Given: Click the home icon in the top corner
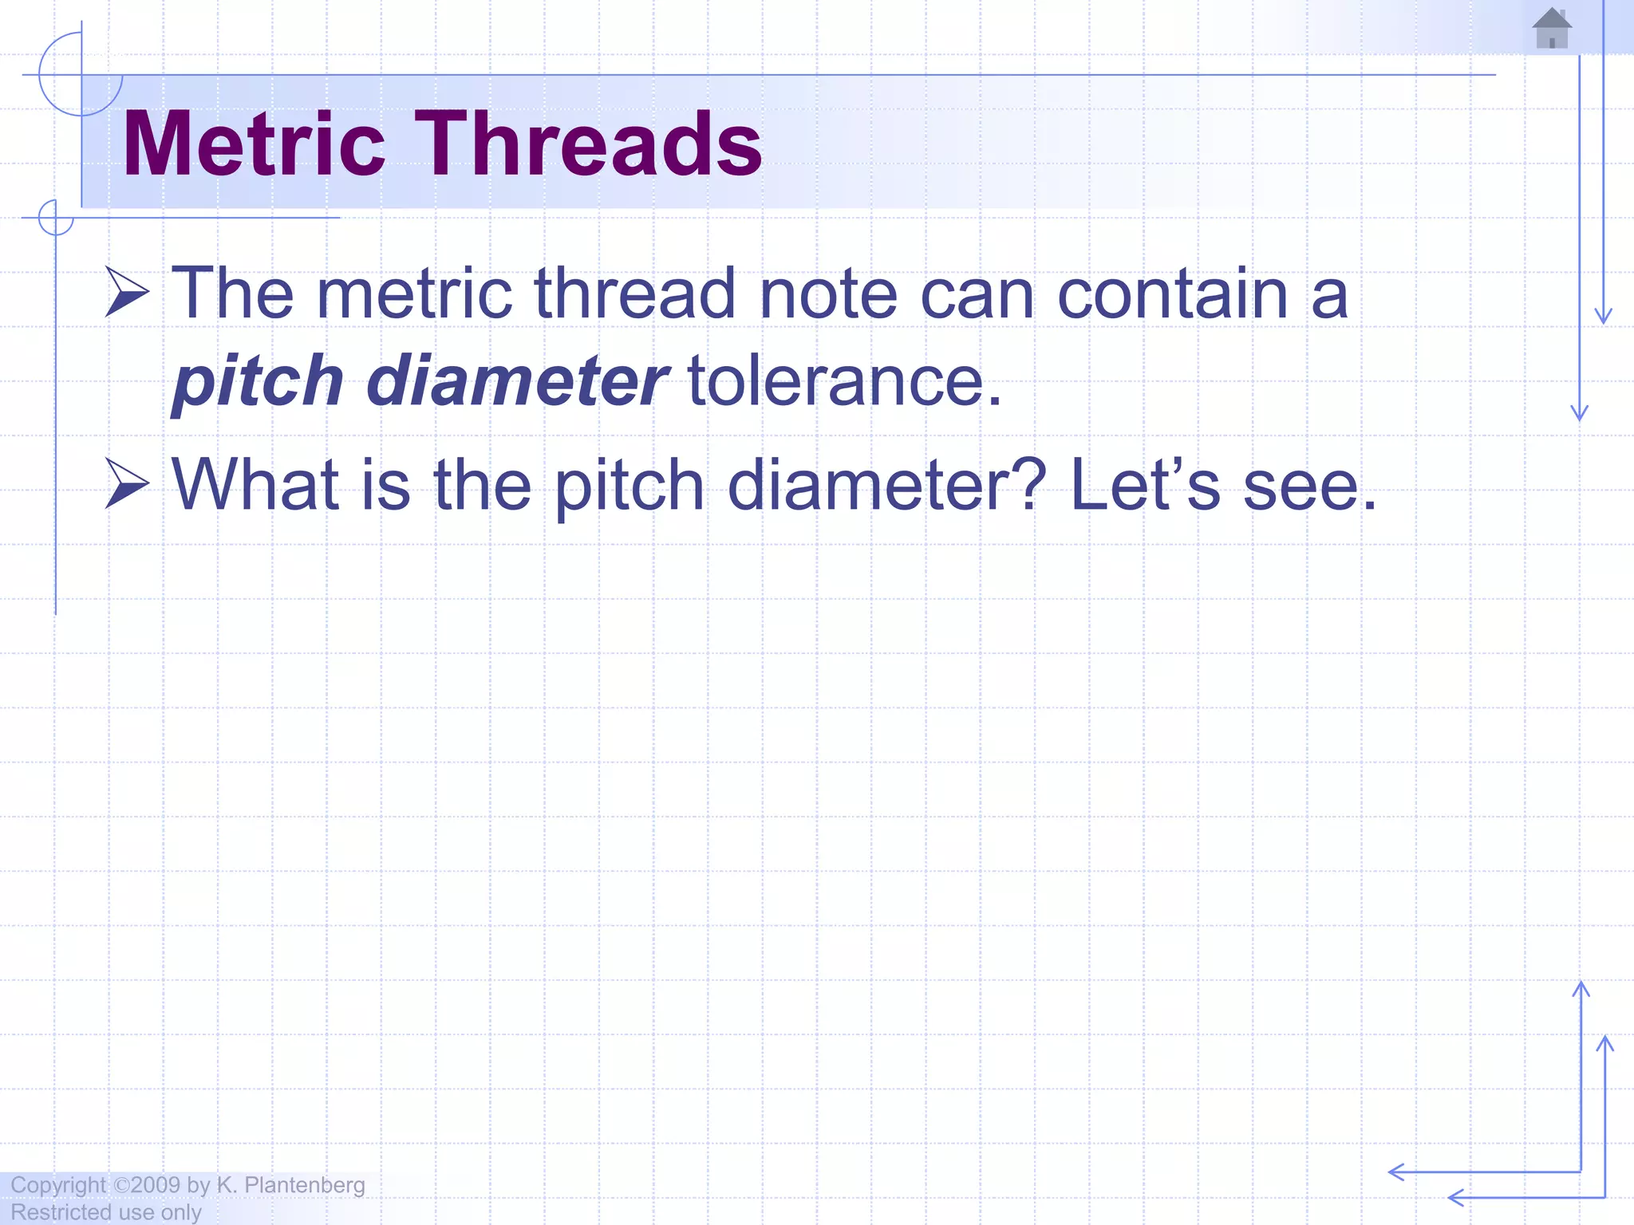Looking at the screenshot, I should (1552, 29).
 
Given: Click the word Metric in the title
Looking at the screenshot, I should (254, 144).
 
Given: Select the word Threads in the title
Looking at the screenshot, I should (588, 144).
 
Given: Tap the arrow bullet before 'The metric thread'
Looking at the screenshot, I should (127, 293).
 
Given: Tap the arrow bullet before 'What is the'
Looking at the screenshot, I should (127, 484).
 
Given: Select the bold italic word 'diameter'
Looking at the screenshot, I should (517, 381).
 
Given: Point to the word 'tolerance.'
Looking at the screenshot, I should (844, 381).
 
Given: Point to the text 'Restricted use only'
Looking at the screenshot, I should (106, 1212).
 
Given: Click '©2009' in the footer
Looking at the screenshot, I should (147, 1185).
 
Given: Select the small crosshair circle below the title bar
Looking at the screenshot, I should (56, 218).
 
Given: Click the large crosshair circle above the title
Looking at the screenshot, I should (81, 75).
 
